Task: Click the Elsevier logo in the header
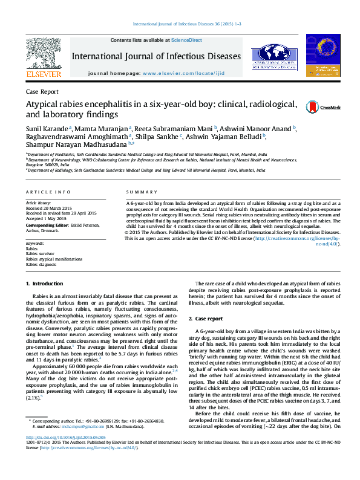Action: click(x=43, y=58)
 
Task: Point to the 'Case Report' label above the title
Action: click(x=42, y=91)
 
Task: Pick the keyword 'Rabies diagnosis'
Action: click(x=41, y=264)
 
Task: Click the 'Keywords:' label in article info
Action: click(x=36, y=243)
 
